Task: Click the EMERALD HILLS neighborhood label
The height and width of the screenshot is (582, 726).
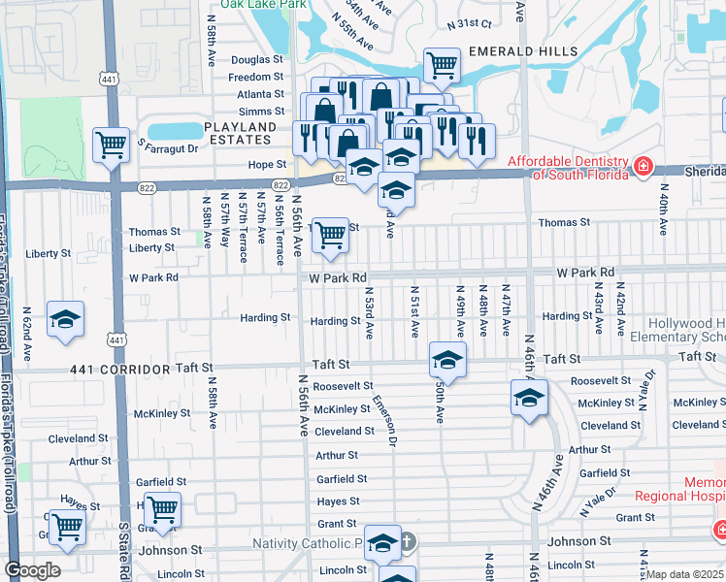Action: click(x=523, y=50)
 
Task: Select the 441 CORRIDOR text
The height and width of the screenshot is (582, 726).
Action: click(x=120, y=370)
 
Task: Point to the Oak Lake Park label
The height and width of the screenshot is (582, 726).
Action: click(x=257, y=5)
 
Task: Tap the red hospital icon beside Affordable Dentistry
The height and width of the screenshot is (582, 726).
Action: click(x=643, y=169)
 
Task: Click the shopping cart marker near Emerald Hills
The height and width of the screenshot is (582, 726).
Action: click(x=443, y=65)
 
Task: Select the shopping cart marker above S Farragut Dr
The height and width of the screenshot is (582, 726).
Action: click(x=112, y=145)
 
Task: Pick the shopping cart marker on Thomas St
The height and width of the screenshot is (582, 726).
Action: click(x=331, y=233)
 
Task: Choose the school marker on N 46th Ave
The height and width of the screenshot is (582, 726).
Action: click(x=529, y=397)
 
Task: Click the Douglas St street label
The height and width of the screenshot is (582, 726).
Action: click(x=257, y=60)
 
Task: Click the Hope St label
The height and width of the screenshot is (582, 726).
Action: click(x=267, y=165)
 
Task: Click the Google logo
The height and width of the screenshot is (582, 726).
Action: click(x=32, y=570)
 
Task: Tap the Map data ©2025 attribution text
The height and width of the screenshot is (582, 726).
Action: click(x=684, y=573)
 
